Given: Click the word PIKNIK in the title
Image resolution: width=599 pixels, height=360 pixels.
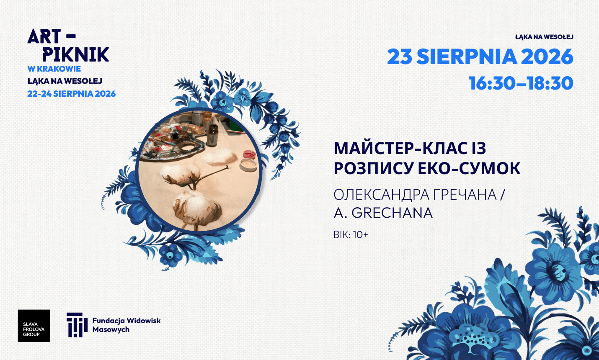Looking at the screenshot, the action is point(76,54).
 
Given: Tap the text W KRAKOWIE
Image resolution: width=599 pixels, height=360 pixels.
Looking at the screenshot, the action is point(54,69).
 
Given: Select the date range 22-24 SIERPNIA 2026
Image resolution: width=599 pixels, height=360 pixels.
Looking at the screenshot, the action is point(71,94).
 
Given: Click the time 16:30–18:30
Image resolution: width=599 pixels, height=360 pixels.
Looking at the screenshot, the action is point(521,83).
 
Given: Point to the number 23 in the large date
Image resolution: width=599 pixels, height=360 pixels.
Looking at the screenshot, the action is point(400,57).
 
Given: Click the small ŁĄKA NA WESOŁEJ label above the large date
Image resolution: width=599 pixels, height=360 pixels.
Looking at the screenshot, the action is point(544,37).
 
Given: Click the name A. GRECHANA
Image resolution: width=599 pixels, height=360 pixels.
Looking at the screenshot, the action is point(383,213).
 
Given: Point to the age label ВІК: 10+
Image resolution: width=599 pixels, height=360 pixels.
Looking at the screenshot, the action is point(351,235).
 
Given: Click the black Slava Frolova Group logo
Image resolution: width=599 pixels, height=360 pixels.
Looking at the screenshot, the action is point(34,326).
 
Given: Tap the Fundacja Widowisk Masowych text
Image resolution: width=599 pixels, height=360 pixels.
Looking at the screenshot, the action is point(127,325).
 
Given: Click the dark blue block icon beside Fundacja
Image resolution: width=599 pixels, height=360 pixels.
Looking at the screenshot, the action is point(77,325).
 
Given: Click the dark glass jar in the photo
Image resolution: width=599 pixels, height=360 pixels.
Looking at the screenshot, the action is point(212,136).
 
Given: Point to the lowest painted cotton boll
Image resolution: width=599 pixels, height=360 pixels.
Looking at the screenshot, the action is point(198,210).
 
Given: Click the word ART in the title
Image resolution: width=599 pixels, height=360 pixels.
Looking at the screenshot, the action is point(40,36).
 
